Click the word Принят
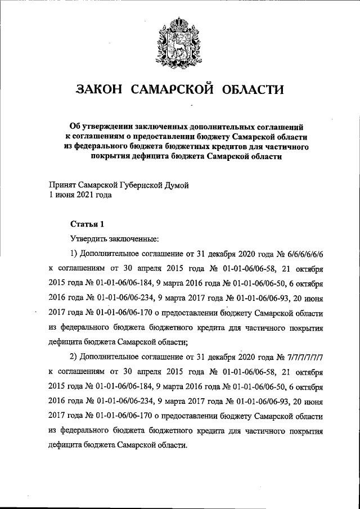[61, 185]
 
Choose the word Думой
[187, 185]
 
